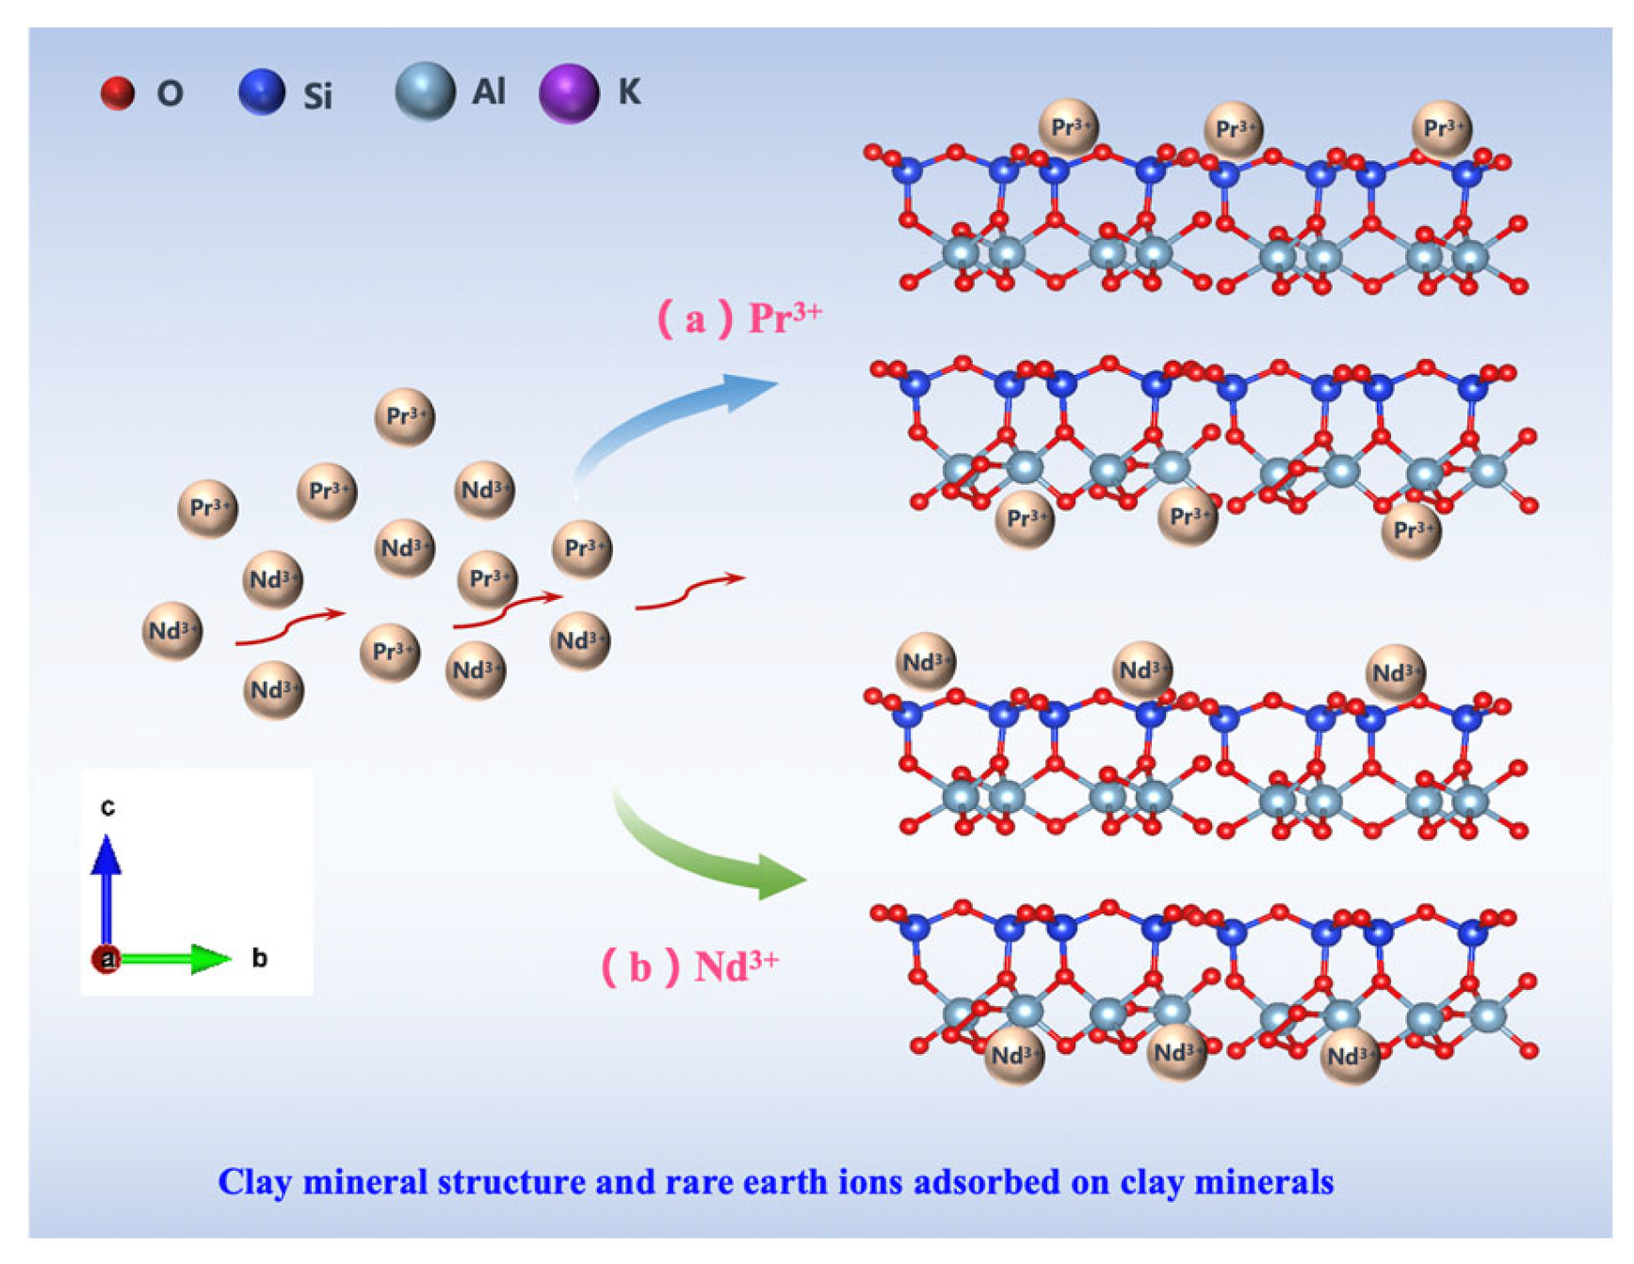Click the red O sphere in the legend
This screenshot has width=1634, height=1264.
[118, 93]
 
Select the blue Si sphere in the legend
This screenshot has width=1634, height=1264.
[262, 92]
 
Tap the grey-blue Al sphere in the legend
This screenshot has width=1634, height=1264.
[425, 91]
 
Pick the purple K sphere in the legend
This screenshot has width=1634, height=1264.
[569, 93]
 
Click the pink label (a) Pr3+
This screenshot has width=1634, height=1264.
[739, 318]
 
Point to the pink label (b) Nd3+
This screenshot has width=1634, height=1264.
[690, 966]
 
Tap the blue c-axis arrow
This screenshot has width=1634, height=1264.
[106, 890]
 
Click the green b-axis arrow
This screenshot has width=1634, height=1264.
[174, 959]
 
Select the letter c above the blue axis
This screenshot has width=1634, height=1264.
[108, 807]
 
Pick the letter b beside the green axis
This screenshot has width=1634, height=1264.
[259, 959]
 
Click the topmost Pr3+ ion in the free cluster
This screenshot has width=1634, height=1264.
[405, 416]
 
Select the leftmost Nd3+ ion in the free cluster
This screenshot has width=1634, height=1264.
[172, 631]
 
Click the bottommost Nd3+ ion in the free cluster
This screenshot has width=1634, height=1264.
[273, 690]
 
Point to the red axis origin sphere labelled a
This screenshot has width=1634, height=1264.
[105, 960]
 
